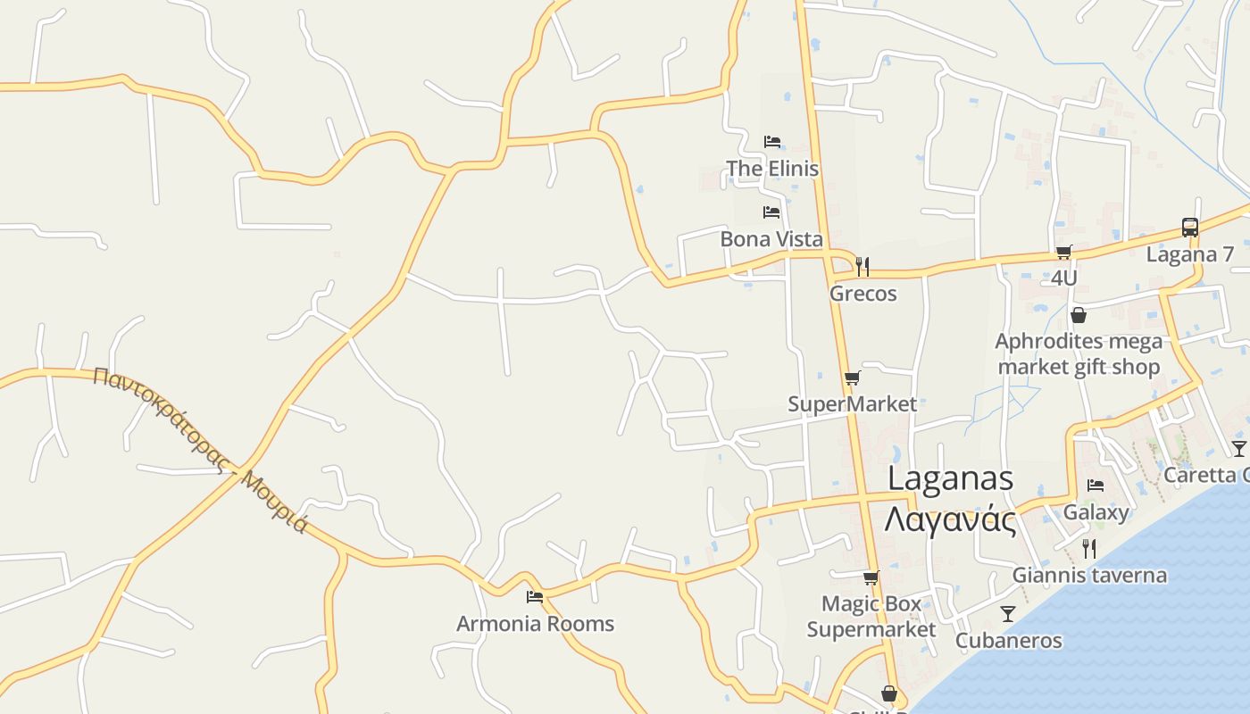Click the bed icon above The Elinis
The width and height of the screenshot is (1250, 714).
(772, 142)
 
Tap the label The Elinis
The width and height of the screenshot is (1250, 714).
(772, 169)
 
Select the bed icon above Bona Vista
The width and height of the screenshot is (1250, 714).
(771, 212)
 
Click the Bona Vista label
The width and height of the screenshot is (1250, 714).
(771, 239)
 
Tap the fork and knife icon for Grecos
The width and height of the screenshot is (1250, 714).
(862, 266)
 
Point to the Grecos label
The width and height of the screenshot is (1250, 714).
(862, 294)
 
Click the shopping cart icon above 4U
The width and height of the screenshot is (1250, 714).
(1063, 253)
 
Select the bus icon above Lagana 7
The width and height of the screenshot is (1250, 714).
(1190, 228)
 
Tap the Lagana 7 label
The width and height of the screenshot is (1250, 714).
(1190, 254)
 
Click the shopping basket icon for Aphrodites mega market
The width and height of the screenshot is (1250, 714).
(1079, 315)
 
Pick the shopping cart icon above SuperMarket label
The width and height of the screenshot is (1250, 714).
(853, 378)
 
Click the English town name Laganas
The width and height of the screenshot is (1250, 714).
(950, 479)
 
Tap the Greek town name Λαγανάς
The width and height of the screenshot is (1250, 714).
(950, 519)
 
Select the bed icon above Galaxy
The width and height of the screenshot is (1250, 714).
(1096, 486)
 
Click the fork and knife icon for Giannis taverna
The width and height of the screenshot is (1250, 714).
(1089, 548)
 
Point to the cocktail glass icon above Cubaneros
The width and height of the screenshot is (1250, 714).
(1008, 614)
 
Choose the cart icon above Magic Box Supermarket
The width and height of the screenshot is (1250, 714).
(871, 578)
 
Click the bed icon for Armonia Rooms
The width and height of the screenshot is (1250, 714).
(535, 596)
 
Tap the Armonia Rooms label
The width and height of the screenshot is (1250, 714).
(535, 624)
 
